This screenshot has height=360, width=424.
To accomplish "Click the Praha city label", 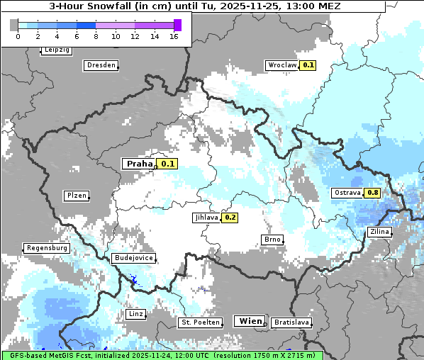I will pos(139,164).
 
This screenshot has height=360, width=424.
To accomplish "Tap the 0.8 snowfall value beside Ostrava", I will pos(372,193).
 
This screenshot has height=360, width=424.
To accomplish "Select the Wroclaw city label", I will pos(281,64).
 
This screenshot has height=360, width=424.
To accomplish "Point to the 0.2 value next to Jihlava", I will pos(230,218).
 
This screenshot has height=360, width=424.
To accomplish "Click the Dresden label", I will pos(101,65).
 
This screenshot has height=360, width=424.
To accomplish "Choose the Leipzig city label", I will pos(57,50).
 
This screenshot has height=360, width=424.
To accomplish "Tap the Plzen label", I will pos(76,196).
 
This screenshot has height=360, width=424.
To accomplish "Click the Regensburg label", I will pos(47,249).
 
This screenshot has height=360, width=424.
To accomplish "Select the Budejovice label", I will pos(133,259).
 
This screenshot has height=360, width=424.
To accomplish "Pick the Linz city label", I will pos(135,313).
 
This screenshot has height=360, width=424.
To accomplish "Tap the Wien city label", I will pos(250,321).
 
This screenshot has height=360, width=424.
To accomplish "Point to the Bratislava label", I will pos(291,322).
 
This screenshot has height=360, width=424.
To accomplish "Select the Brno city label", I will pos(272,240).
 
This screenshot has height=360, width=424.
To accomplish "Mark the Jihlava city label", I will pos(206,218).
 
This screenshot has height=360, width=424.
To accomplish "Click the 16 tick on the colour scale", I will pos(174,36).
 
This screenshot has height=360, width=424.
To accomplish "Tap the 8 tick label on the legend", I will pos(96,36).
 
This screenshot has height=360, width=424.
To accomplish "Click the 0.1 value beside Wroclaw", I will pos(308,64).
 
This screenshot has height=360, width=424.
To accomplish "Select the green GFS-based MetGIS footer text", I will pos(162,355).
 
